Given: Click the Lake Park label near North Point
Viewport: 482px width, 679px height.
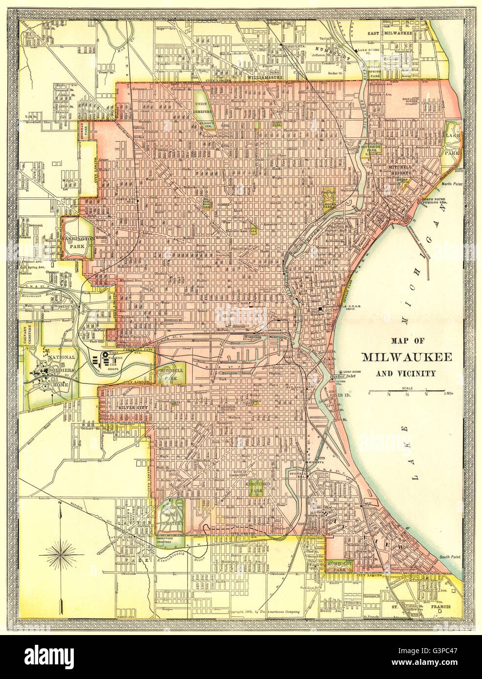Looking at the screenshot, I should [x=449, y=145].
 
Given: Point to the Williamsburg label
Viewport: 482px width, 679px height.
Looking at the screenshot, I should [x=265, y=77].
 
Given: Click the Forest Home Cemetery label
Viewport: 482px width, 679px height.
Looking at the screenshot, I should [x=171, y=514].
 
